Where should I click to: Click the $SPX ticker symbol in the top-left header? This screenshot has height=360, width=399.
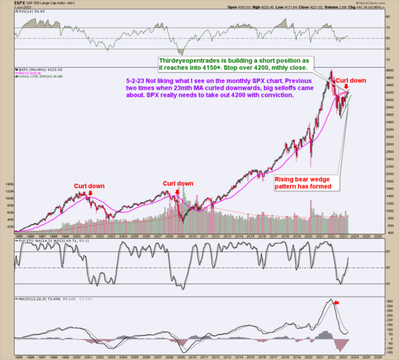[10, 3]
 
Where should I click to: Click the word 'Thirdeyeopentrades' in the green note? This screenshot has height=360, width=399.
[188, 61]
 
